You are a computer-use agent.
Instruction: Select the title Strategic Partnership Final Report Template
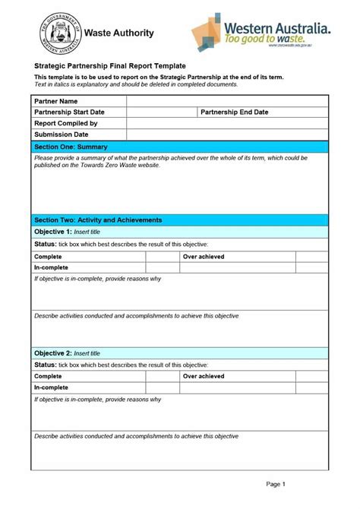(x=110, y=67)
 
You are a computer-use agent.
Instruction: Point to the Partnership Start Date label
(x=69, y=112)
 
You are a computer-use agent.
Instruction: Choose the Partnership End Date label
(x=234, y=112)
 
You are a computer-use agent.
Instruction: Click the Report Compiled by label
(x=66, y=123)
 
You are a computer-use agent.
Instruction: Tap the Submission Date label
(x=62, y=134)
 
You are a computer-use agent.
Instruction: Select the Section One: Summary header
(x=71, y=147)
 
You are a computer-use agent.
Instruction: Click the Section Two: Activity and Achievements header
(x=98, y=220)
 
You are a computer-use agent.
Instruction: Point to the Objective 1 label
(x=53, y=231)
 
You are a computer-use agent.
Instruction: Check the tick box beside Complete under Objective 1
(x=162, y=258)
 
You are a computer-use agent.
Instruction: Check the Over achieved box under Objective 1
(x=311, y=258)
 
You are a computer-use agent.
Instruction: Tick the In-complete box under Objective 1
(x=162, y=268)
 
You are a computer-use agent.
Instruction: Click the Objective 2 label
(x=53, y=353)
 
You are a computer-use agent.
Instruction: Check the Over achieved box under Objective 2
(x=311, y=376)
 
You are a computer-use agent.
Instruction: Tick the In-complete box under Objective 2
(x=162, y=387)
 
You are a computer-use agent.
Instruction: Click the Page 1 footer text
(x=275, y=484)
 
